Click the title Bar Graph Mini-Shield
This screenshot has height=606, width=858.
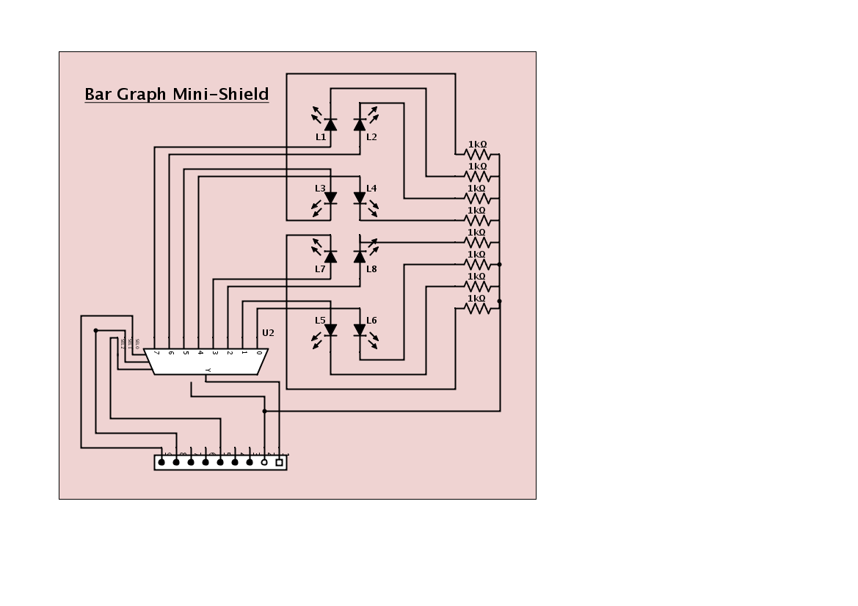tap(176, 95)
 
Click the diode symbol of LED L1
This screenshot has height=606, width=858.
tap(330, 124)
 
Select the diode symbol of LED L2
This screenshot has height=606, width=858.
tap(360, 124)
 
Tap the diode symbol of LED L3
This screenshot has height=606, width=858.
tap(330, 198)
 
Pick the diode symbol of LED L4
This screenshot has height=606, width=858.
tap(360, 198)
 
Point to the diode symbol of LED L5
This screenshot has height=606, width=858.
tap(330, 330)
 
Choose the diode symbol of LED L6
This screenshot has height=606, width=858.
tap(360, 330)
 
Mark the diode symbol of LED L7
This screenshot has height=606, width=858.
tap(330, 256)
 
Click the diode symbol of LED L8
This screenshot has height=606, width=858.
tap(360, 256)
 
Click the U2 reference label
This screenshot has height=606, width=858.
tap(268, 333)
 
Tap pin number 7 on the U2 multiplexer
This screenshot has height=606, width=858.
tap(156, 353)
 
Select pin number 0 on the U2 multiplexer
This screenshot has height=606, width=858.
tap(259, 353)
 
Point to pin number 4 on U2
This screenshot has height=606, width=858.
tap(200, 353)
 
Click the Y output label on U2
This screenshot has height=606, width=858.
tap(208, 369)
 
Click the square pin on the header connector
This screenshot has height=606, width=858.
tap(279, 462)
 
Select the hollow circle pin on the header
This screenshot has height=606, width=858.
tap(264, 462)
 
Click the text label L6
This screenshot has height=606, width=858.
tap(371, 321)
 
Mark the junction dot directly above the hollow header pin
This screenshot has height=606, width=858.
tap(264, 411)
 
